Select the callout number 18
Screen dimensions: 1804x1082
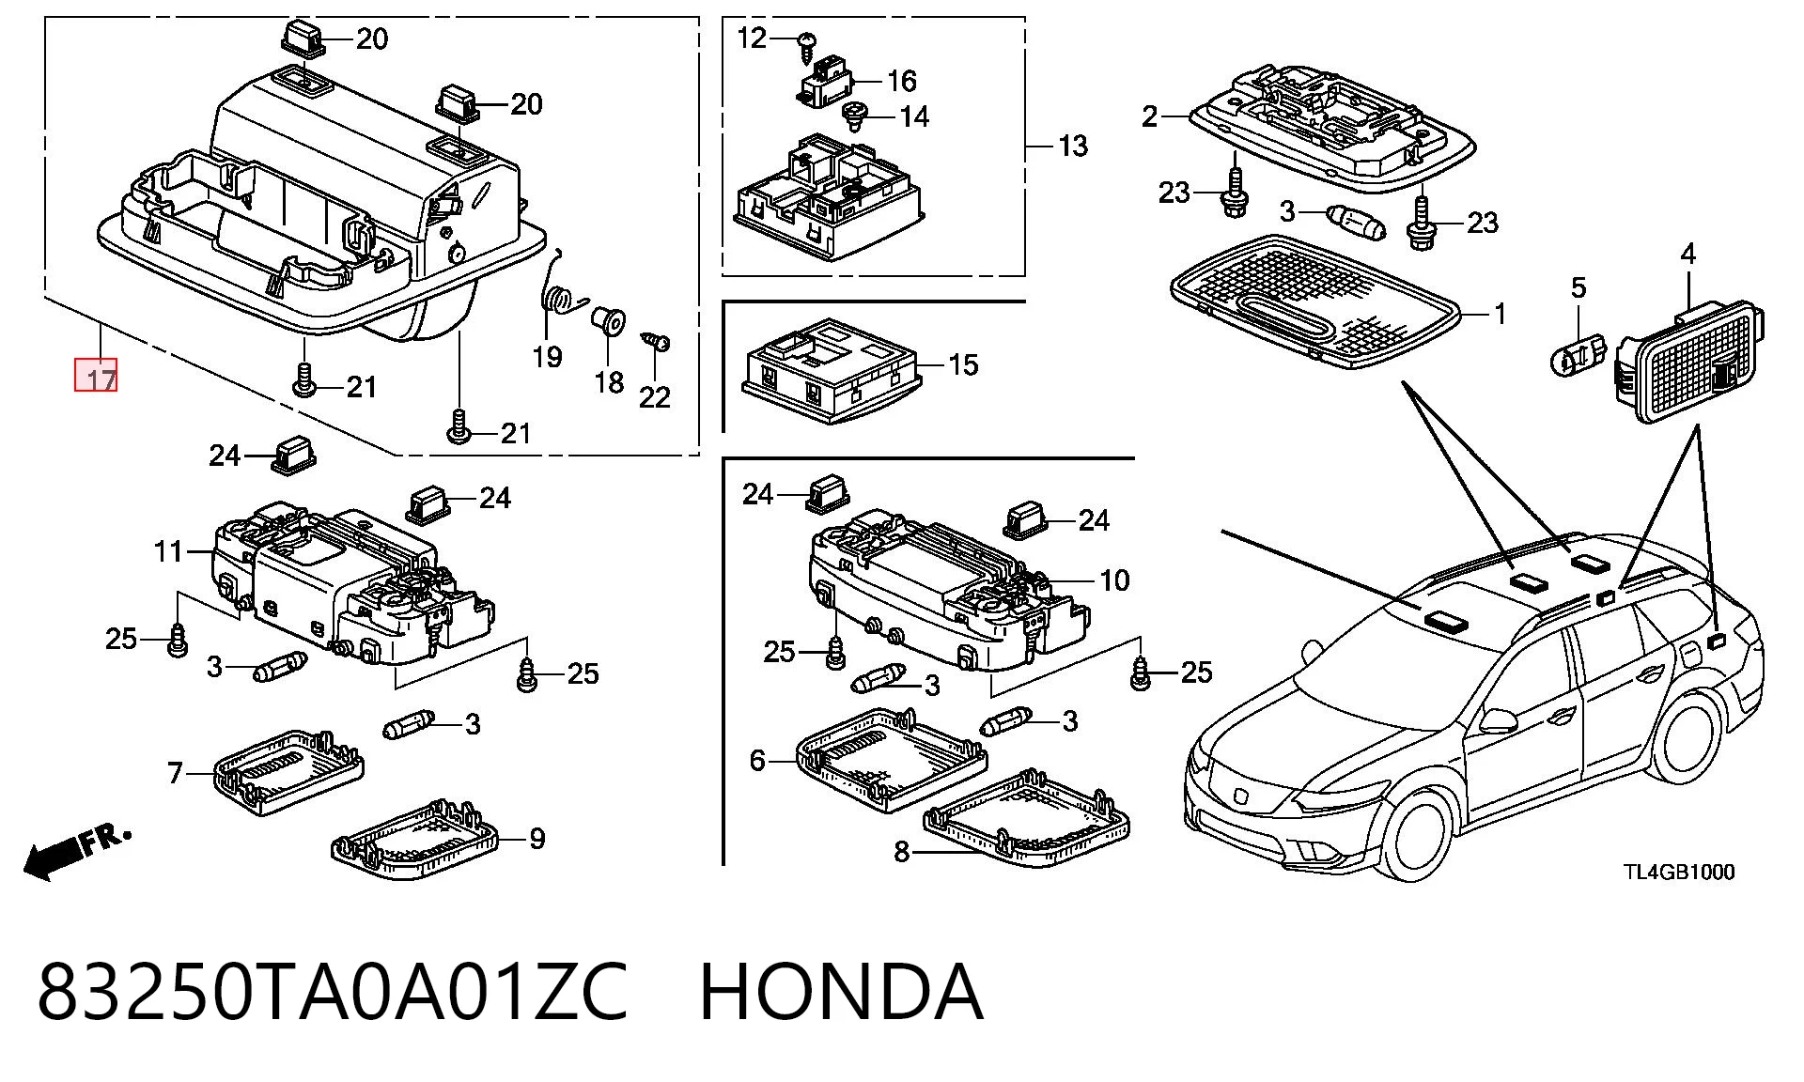(609, 382)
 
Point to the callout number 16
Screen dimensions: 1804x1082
(902, 81)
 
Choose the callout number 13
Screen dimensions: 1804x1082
(1072, 147)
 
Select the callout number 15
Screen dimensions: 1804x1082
(963, 364)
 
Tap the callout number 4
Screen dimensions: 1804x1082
(1688, 253)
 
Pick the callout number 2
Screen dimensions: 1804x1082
(1150, 116)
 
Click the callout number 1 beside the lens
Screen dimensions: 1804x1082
(1500, 314)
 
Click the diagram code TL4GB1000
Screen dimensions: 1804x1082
(1679, 872)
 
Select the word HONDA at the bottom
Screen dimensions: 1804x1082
(841, 992)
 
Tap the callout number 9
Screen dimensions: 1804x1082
(537, 839)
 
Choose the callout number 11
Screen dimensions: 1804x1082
(168, 551)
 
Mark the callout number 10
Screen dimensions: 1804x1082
(1114, 580)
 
